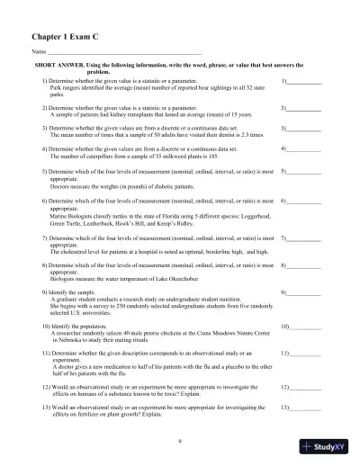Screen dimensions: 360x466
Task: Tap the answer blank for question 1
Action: [307, 83]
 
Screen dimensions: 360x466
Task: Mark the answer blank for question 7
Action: [307, 239]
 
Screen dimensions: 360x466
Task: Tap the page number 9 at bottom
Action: [180, 440]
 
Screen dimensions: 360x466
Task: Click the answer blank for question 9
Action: [307, 294]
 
